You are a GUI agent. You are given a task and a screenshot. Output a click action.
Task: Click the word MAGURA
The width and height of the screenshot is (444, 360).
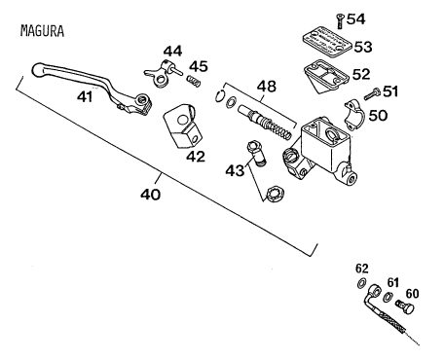(x=42, y=31)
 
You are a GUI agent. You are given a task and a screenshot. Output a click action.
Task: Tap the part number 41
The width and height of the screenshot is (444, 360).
(x=85, y=96)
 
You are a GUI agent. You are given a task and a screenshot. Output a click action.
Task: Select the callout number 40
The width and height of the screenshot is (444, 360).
(x=151, y=195)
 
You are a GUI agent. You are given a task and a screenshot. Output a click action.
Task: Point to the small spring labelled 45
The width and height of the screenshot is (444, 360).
(x=194, y=81)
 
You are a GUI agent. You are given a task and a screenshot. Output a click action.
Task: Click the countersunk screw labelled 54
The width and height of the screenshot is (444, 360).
(x=340, y=21)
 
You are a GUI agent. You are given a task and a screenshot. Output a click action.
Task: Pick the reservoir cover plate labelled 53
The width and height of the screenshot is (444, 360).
(x=327, y=41)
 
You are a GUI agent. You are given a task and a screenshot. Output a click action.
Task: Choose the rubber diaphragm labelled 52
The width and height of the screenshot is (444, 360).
(x=326, y=77)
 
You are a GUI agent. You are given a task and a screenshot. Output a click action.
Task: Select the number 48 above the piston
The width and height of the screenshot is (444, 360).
(x=267, y=87)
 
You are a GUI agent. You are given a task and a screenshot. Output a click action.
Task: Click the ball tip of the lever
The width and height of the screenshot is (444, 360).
(x=38, y=69)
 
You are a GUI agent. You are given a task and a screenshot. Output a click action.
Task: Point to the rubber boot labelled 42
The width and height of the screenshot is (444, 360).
(x=183, y=126)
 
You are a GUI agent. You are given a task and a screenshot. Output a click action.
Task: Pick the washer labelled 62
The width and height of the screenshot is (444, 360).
(x=361, y=283)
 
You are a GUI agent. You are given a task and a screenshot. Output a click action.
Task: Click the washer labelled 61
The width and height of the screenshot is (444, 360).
(x=387, y=297)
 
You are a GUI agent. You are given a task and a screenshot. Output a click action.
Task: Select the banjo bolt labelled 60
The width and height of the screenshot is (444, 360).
(x=406, y=306)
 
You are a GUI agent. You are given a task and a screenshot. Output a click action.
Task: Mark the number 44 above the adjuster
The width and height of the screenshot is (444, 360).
(x=172, y=52)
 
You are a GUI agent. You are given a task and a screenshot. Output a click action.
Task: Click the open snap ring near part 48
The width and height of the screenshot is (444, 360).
(x=220, y=95)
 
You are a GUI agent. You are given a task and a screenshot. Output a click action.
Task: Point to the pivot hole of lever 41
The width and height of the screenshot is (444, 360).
(x=141, y=99)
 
